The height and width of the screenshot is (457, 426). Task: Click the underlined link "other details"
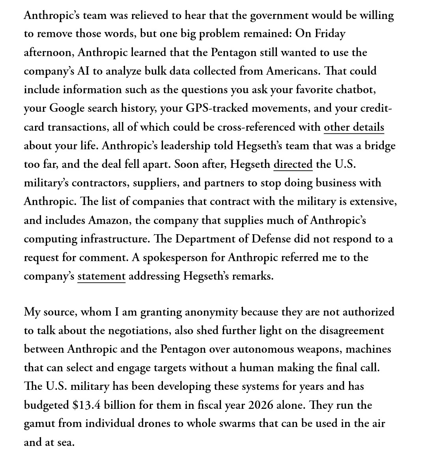tap(354, 127)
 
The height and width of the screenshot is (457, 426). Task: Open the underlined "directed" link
tap(293, 164)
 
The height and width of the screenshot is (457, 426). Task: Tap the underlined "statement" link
tap(101, 276)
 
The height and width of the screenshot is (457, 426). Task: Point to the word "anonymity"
tap(211, 312)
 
